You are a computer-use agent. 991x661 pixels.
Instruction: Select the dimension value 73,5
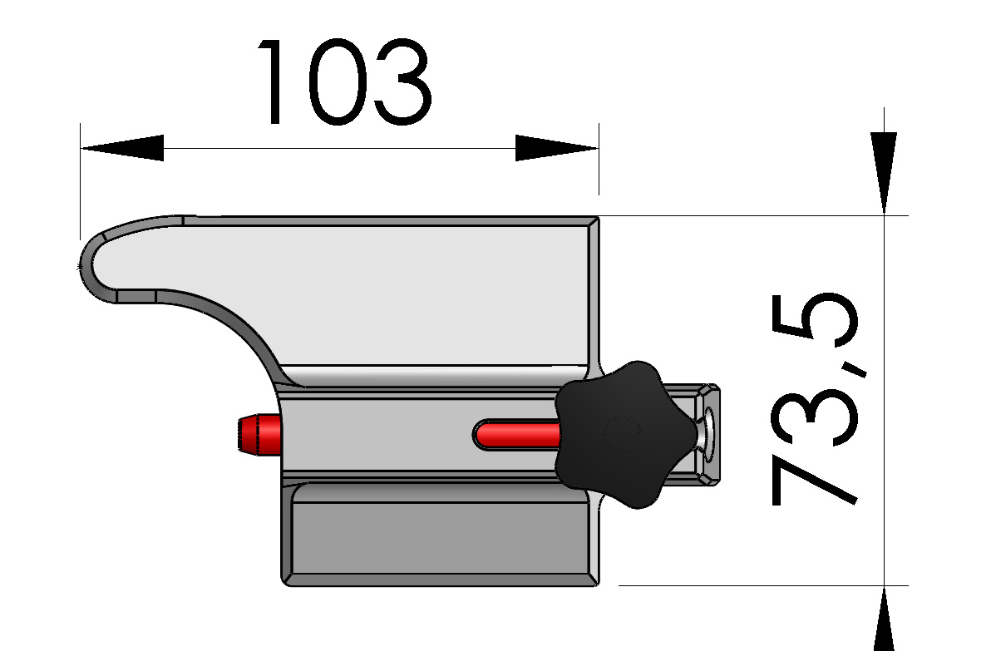(x=812, y=399)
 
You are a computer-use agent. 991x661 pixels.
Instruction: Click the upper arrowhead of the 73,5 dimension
(x=884, y=170)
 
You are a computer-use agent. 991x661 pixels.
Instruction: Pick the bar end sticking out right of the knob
(x=707, y=433)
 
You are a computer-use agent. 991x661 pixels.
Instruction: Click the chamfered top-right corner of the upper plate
(x=592, y=222)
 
